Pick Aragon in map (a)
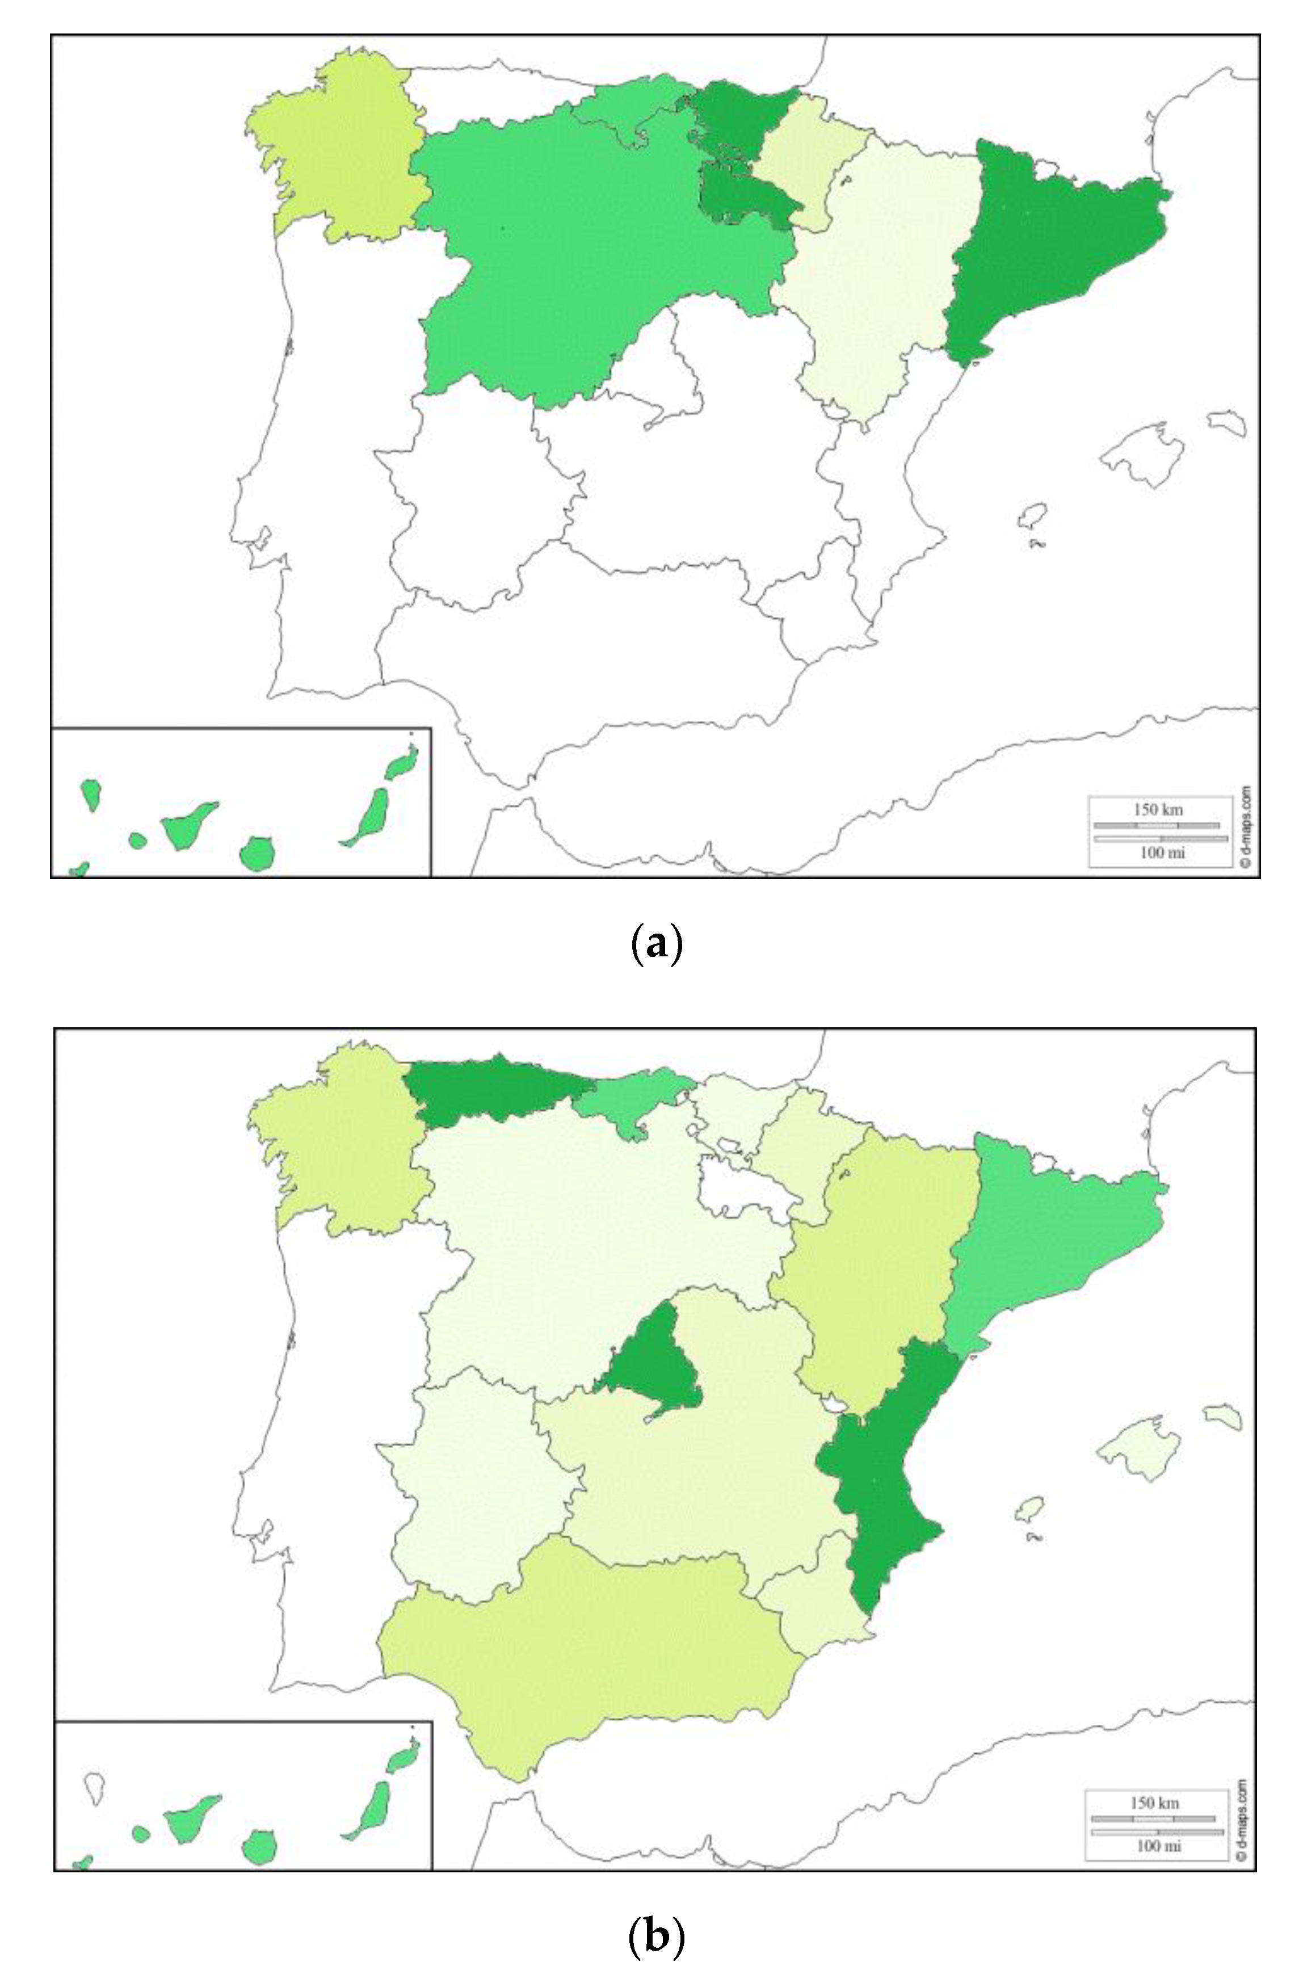(x=875, y=275)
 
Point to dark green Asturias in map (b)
(x=491, y=1087)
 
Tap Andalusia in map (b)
(x=583, y=1658)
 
